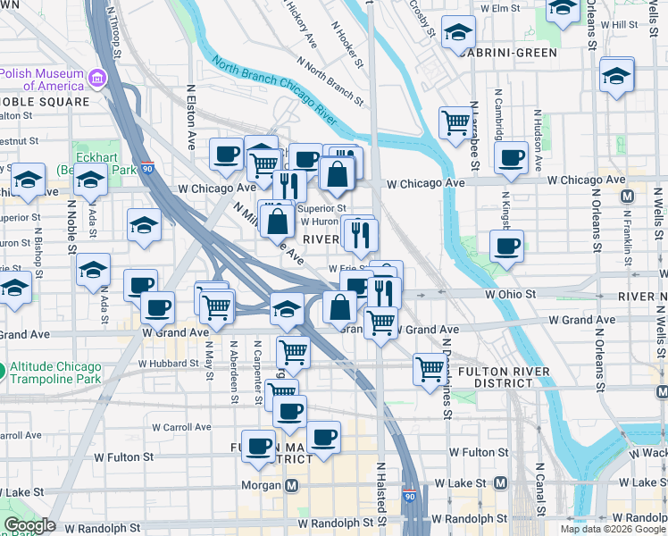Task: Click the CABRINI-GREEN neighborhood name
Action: pyautogui.click(x=510, y=53)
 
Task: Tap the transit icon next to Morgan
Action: pyautogui.click(x=291, y=485)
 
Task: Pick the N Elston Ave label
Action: pyautogui.click(x=192, y=116)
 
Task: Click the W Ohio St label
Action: pyautogui.click(x=510, y=293)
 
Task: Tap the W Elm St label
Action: pyautogui.click(x=500, y=8)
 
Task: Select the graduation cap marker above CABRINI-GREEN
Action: pyautogui.click(x=458, y=34)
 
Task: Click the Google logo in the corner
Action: pyautogui.click(x=29, y=525)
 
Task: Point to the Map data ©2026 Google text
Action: pyautogui.click(x=612, y=529)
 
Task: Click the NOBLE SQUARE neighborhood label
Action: pyautogui.click(x=45, y=102)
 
